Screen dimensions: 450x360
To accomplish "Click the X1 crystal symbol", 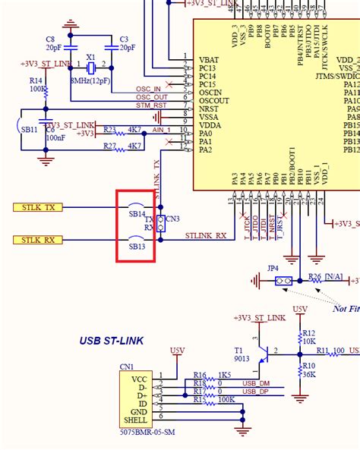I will point(90,68).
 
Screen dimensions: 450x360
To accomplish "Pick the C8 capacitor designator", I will point(50,39).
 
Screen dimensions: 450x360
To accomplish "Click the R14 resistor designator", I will point(36,80).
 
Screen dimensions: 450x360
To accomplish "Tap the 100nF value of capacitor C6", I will point(54,137).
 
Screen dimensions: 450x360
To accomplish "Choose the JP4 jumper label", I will point(273,268).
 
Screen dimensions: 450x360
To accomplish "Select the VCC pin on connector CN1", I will point(138,377).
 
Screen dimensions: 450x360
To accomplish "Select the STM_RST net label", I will point(150,105).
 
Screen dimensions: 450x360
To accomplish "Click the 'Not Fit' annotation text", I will point(345,308).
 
